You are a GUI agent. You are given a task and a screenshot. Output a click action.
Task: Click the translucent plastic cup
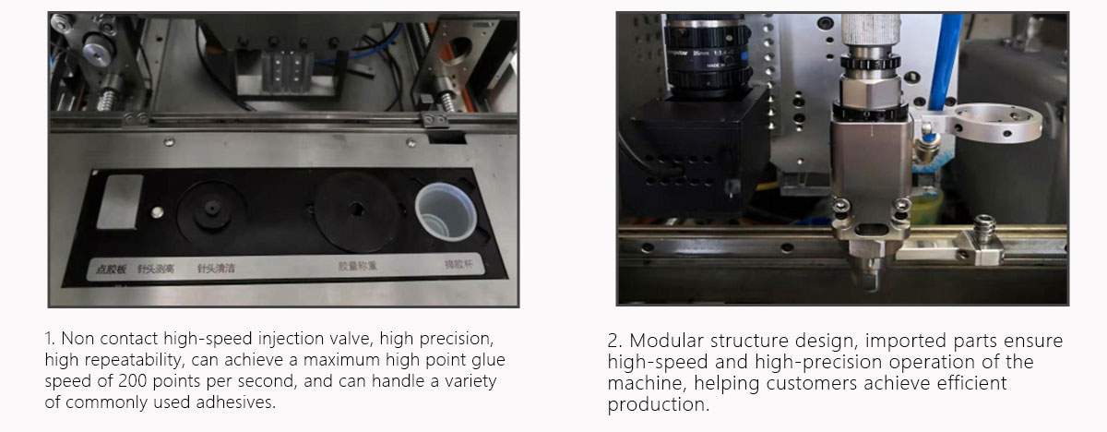[445, 218]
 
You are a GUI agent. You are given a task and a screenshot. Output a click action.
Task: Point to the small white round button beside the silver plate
[157, 212]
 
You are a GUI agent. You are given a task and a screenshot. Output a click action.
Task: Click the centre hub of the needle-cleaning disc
[212, 207]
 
